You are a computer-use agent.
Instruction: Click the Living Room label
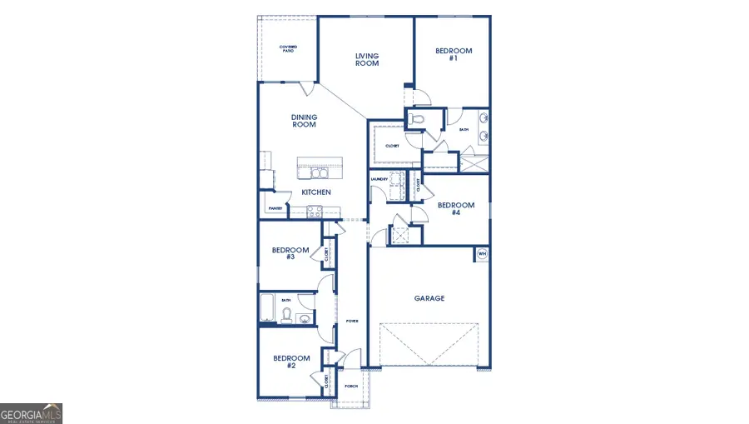(x=367, y=60)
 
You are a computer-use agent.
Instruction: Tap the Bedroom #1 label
(x=454, y=54)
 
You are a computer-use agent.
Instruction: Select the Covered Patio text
(x=288, y=49)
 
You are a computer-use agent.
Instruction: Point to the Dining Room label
(x=304, y=121)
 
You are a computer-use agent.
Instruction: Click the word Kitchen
(x=316, y=192)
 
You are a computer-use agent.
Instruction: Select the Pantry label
(x=275, y=208)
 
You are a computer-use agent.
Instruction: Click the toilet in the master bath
(x=418, y=122)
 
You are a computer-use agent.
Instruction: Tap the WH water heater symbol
(x=482, y=253)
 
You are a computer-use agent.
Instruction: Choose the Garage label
(x=429, y=298)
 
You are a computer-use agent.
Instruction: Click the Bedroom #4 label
(x=456, y=209)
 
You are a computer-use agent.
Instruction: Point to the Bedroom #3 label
(x=290, y=253)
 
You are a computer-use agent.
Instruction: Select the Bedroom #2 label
(x=291, y=362)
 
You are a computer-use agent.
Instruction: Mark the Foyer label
(x=351, y=320)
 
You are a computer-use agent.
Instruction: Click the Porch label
(x=350, y=387)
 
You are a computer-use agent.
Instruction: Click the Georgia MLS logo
(x=32, y=413)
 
